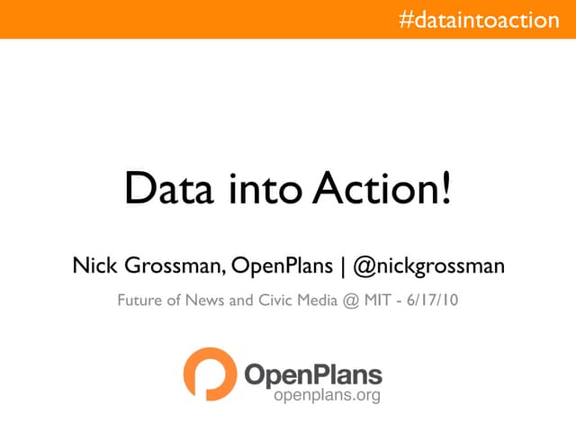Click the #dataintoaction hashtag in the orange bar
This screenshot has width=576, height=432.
pyautogui.click(x=479, y=19)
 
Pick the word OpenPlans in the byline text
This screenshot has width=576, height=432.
pyautogui.click(x=280, y=266)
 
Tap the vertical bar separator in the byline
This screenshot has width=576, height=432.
pyautogui.click(x=342, y=266)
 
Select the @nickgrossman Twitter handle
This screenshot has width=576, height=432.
pyautogui.click(x=428, y=266)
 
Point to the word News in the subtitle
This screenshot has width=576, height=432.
pyautogui.click(x=205, y=301)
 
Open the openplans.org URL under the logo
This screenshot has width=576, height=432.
pyautogui.click(x=327, y=395)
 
